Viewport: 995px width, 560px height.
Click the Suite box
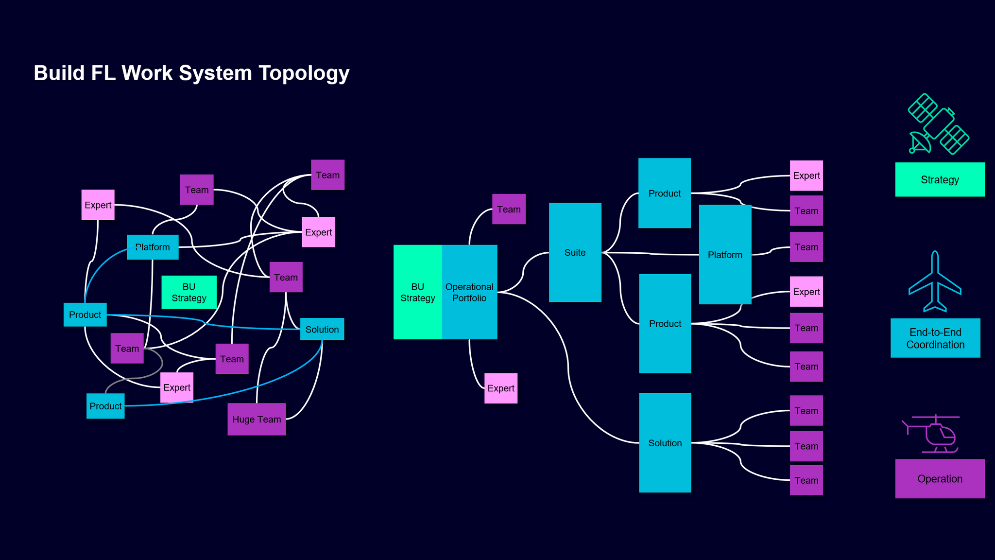[x=575, y=252]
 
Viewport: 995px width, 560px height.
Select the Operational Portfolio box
[x=469, y=292]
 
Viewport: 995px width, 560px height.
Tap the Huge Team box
[x=257, y=419]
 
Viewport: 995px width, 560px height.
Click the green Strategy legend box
[x=940, y=179]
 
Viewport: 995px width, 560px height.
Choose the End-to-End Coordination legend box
[x=935, y=338]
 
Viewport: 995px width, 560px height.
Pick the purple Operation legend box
[x=940, y=478]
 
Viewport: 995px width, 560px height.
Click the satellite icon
[x=938, y=124]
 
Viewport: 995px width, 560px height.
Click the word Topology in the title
[x=304, y=73]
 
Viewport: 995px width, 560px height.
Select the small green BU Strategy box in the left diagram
[x=189, y=292]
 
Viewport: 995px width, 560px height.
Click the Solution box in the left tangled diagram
[x=322, y=329]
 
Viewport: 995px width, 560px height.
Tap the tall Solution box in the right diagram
[x=665, y=442]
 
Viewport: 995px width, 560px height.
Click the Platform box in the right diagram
[x=725, y=254]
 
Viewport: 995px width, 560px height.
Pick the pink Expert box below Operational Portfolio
[x=500, y=388]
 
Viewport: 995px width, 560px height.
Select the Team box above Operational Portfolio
[x=509, y=209]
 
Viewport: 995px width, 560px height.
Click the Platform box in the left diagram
[x=153, y=247]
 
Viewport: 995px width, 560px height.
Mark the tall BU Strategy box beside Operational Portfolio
[x=417, y=292]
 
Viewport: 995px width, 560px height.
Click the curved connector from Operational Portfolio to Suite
[x=523, y=272]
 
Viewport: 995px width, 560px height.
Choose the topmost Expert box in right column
[x=806, y=175]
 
